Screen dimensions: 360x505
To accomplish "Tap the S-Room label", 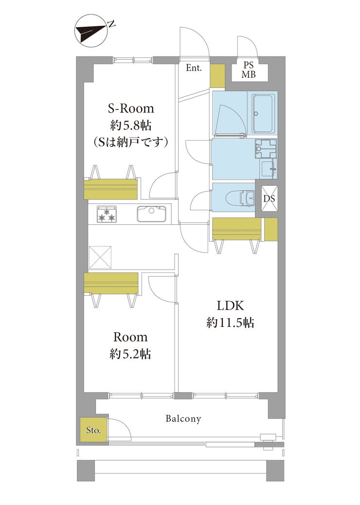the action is pyautogui.click(x=130, y=108).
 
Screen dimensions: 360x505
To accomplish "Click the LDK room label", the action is pyautogui.click(x=230, y=306).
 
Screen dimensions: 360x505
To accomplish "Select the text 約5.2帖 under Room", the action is pyautogui.click(x=130, y=354).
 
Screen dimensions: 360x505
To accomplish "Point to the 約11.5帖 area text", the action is pyautogui.click(x=230, y=322).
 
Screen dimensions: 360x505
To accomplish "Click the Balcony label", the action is pyautogui.click(x=183, y=418).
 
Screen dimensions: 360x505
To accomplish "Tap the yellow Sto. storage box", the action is pyautogui.click(x=93, y=430).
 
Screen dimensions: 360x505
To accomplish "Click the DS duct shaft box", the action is pyautogui.click(x=269, y=198).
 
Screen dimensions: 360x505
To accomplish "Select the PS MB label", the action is pyautogui.click(x=249, y=70).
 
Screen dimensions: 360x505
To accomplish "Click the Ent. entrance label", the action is pyautogui.click(x=194, y=68).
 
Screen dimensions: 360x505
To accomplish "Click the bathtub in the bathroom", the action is pyautogui.click(x=264, y=113).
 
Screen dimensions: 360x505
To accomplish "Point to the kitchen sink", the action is pyautogui.click(x=151, y=214).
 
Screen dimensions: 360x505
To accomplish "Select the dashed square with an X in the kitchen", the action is pyautogui.click(x=100, y=257).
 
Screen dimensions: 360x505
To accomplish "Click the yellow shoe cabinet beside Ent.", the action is pyautogui.click(x=217, y=76).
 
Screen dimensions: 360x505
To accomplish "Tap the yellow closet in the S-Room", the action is pyautogui.click(x=111, y=188).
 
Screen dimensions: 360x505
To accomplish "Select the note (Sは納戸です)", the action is pyautogui.click(x=130, y=142).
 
